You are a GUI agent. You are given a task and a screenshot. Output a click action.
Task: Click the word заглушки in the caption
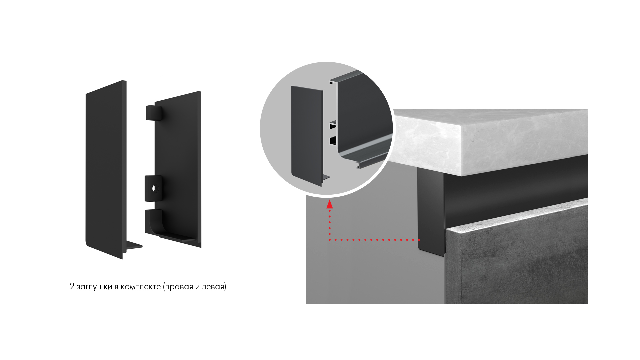pyautogui.click(x=94, y=287)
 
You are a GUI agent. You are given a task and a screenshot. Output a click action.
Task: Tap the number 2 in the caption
pyautogui.click(x=72, y=286)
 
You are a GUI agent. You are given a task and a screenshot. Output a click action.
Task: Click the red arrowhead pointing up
pyautogui.click(x=330, y=204)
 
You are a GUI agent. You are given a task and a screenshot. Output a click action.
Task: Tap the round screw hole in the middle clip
pyautogui.click(x=154, y=188)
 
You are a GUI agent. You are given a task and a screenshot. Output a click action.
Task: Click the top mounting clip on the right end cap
pyautogui.click(x=154, y=113)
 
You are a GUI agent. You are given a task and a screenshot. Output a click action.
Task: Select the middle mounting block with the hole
pyautogui.click(x=153, y=188)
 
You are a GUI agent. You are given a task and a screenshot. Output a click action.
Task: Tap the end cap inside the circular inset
pyautogui.click(x=307, y=136)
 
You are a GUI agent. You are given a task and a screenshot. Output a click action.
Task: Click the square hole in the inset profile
pyautogui.click(x=333, y=141)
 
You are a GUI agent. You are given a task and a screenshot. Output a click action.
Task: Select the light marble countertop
pyautogui.click(x=490, y=142)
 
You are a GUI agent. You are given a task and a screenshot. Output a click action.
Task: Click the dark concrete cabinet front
pyautogui.click(x=517, y=257)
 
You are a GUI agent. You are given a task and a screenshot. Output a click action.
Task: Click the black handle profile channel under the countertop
pyautogui.click(x=517, y=190)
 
